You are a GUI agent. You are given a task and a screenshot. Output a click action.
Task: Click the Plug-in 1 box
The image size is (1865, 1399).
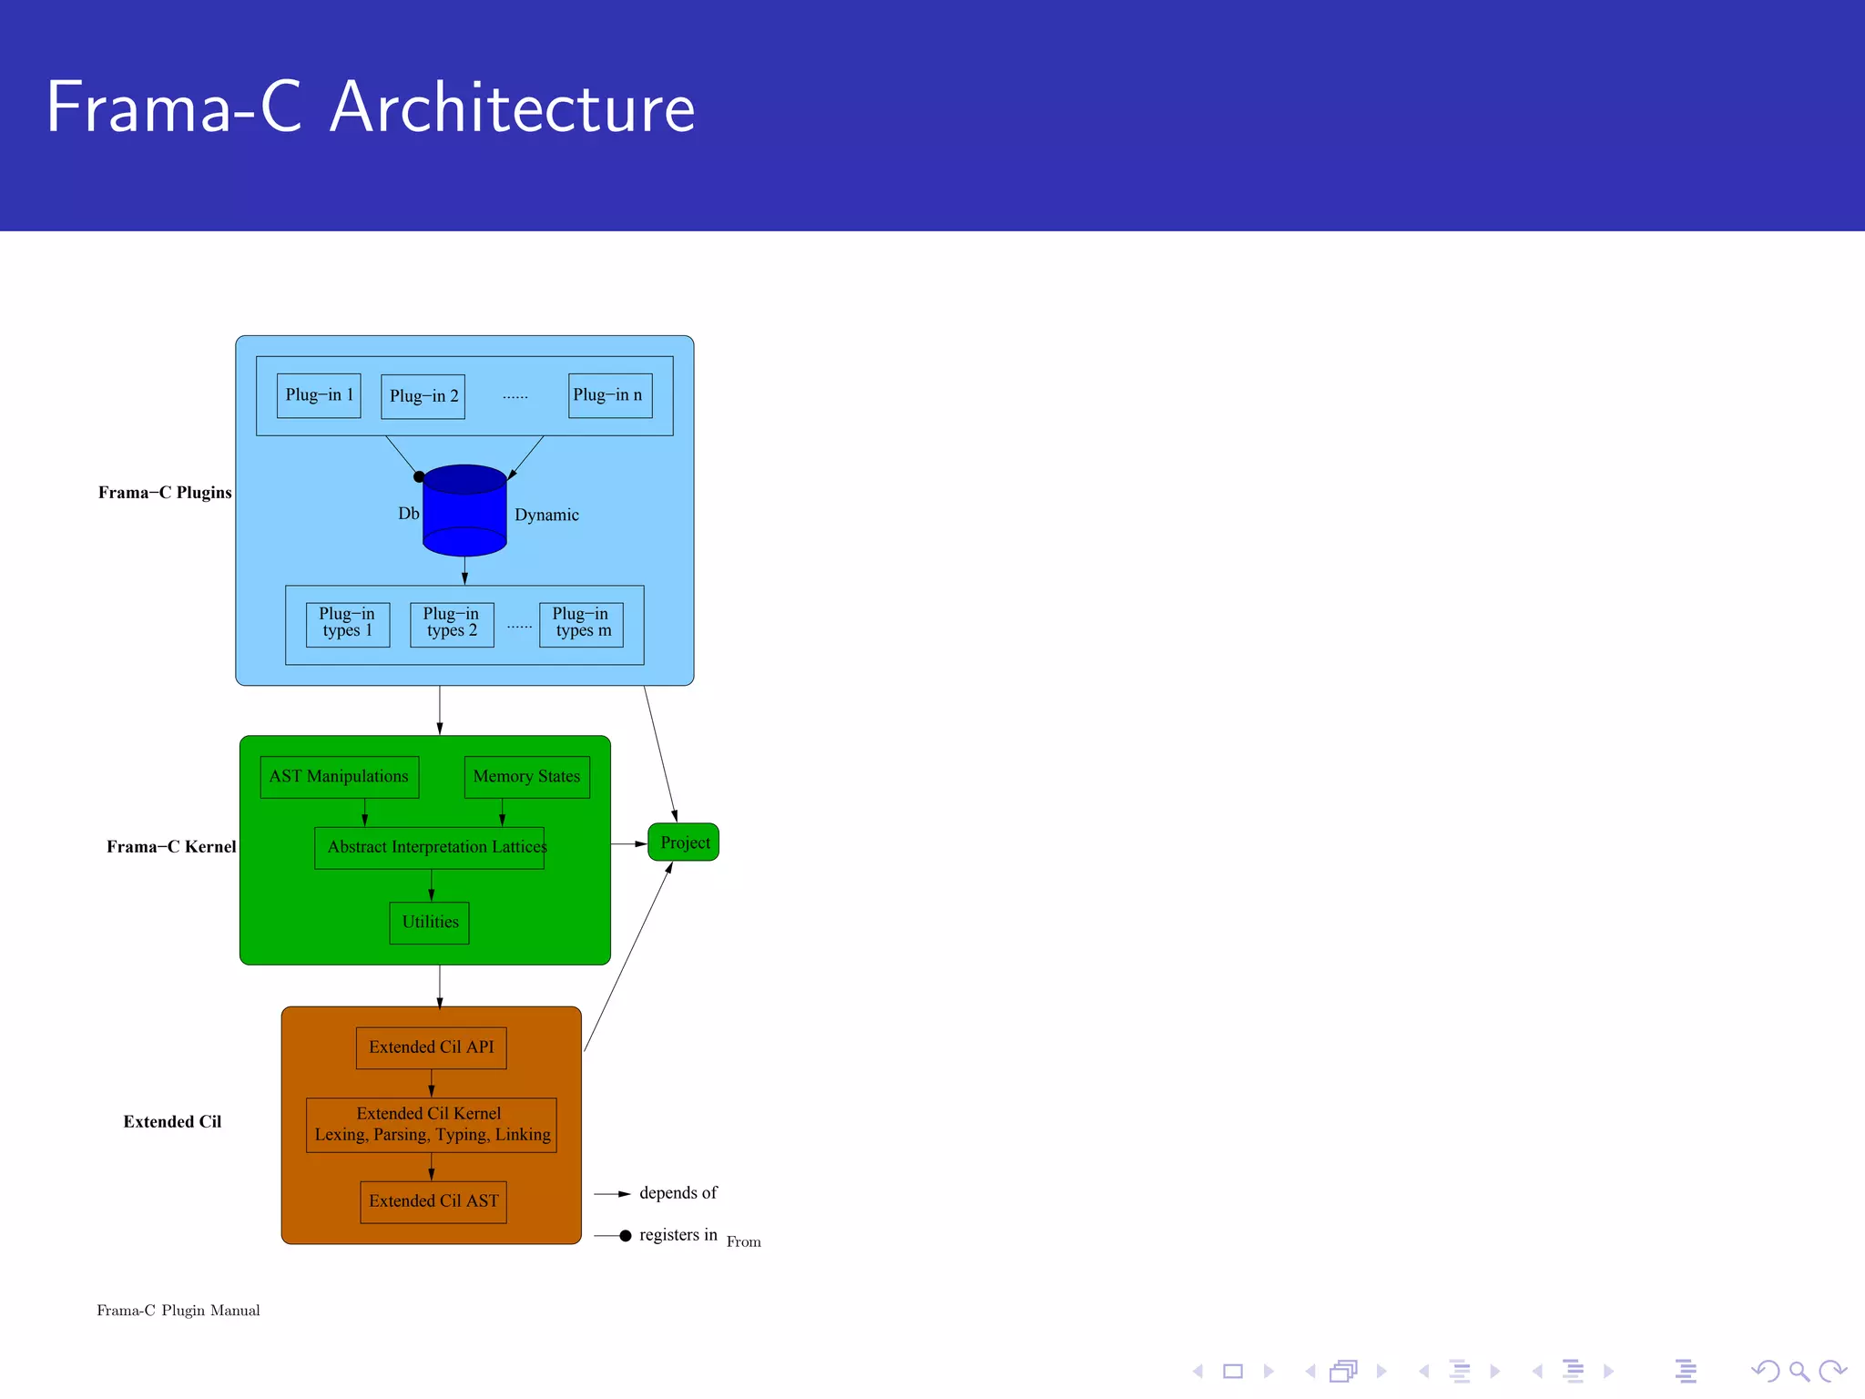[319, 395]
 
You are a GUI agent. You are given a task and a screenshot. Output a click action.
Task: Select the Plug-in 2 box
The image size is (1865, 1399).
[423, 396]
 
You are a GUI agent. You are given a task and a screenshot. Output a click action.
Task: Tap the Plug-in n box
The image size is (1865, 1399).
[610, 395]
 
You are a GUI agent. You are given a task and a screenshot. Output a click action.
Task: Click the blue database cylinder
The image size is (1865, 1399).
[464, 512]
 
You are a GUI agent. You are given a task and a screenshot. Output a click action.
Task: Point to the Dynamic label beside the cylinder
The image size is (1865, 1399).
[546, 515]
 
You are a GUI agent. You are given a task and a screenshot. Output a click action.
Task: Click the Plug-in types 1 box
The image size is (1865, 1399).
[348, 624]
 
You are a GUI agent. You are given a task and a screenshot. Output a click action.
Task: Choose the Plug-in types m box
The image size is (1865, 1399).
[581, 624]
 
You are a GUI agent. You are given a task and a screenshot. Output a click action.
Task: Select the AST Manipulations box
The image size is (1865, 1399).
[339, 777]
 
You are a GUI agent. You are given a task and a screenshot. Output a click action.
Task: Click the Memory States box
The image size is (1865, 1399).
[526, 777]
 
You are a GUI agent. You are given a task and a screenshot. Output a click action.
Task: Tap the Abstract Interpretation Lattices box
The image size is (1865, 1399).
[430, 847]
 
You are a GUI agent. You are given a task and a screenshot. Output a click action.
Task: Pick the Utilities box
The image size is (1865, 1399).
[430, 922]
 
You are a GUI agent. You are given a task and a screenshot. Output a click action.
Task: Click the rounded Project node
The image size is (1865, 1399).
[684, 842]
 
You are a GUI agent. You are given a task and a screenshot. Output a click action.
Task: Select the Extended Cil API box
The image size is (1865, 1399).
[431, 1047]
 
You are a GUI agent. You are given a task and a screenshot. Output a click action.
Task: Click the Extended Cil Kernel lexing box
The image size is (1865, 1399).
[431, 1125]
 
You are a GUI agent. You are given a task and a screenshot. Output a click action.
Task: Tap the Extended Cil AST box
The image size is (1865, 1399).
[433, 1201]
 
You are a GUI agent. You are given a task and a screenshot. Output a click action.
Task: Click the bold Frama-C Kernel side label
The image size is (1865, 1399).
[171, 847]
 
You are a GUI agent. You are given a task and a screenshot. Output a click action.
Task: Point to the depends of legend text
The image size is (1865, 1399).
[678, 1193]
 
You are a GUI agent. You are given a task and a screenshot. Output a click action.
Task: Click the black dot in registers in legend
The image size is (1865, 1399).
[626, 1236]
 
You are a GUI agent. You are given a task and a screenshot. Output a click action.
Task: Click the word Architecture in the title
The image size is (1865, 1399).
[513, 107]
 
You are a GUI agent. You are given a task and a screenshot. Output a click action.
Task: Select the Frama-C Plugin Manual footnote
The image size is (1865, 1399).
[178, 1311]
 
